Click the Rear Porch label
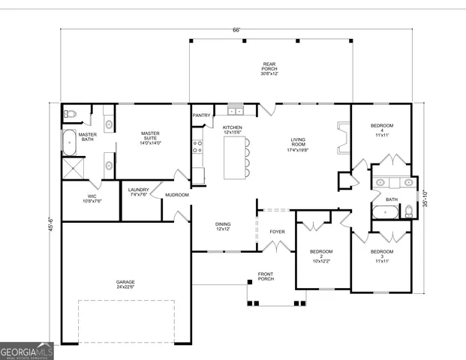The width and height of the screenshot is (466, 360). (x=269, y=68)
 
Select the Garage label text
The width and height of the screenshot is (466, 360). (x=125, y=283)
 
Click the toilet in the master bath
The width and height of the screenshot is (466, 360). (x=69, y=114)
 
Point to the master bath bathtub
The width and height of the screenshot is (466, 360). (x=68, y=139)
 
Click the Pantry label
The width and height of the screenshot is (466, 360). (x=201, y=115)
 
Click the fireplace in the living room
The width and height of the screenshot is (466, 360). (x=343, y=137)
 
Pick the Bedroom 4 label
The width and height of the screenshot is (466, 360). (x=381, y=130)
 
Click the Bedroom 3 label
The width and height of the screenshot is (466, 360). (x=381, y=256)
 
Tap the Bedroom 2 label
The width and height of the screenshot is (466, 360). (x=321, y=256)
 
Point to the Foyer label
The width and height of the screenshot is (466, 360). (x=277, y=232)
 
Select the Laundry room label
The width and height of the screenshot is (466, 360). (x=139, y=192)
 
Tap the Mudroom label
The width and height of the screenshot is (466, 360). (x=177, y=195)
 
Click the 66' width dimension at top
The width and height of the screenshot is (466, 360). (x=236, y=30)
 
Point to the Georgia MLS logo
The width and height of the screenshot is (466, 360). (x=27, y=352)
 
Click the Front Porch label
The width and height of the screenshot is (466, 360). (x=266, y=276)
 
